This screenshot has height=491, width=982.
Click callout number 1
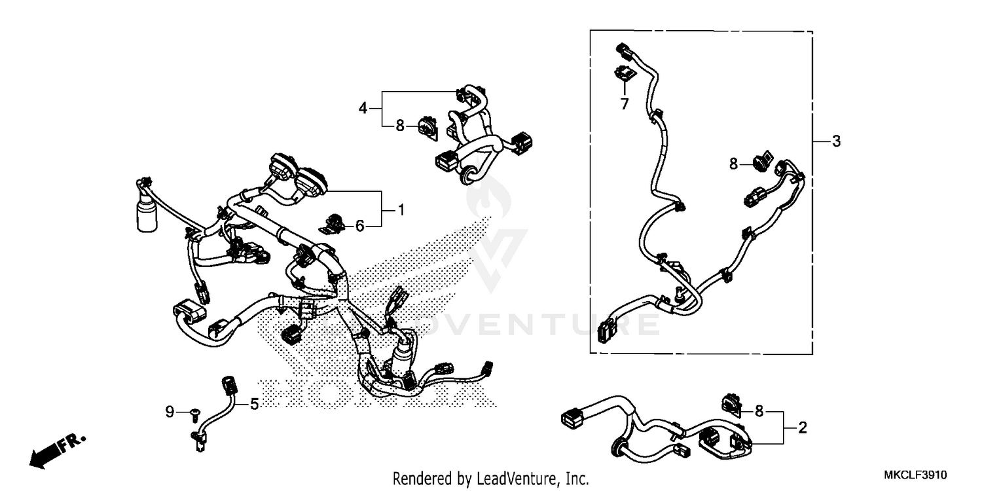[401, 210]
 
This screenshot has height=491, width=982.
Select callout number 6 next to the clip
[359, 226]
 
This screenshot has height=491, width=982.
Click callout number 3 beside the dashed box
[836, 141]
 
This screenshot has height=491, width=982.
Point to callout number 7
[624, 103]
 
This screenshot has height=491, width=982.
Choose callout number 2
[802, 429]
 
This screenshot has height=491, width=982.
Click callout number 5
[254, 404]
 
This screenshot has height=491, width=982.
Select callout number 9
[170, 412]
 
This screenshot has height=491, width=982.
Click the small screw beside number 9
[194, 412]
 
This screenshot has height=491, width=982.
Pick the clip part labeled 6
[334, 222]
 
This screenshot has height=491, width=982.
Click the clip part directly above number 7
[624, 73]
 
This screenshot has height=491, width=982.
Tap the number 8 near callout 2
[759, 411]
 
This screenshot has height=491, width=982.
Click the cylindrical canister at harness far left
[147, 216]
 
